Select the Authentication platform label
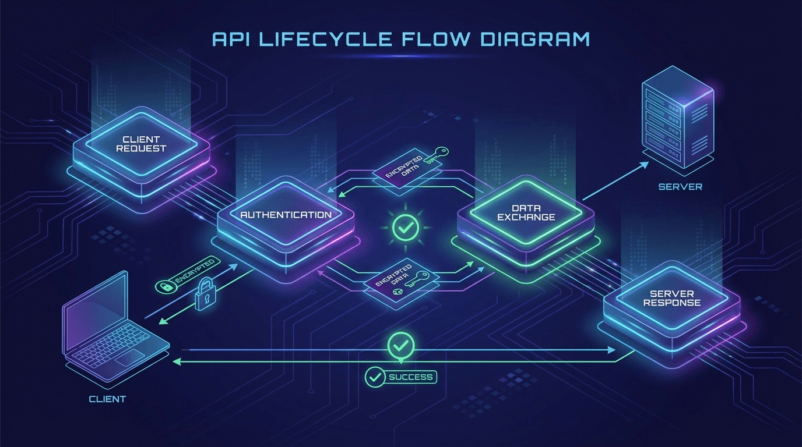click(286, 215)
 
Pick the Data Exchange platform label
click(526, 212)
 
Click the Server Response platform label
click(671, 298)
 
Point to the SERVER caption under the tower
click(680, 187)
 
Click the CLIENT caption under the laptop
click(107, 399)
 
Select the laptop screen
click(96, 311)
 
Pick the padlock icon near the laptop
click(203, 295)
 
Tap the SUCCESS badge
click(401, 377)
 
